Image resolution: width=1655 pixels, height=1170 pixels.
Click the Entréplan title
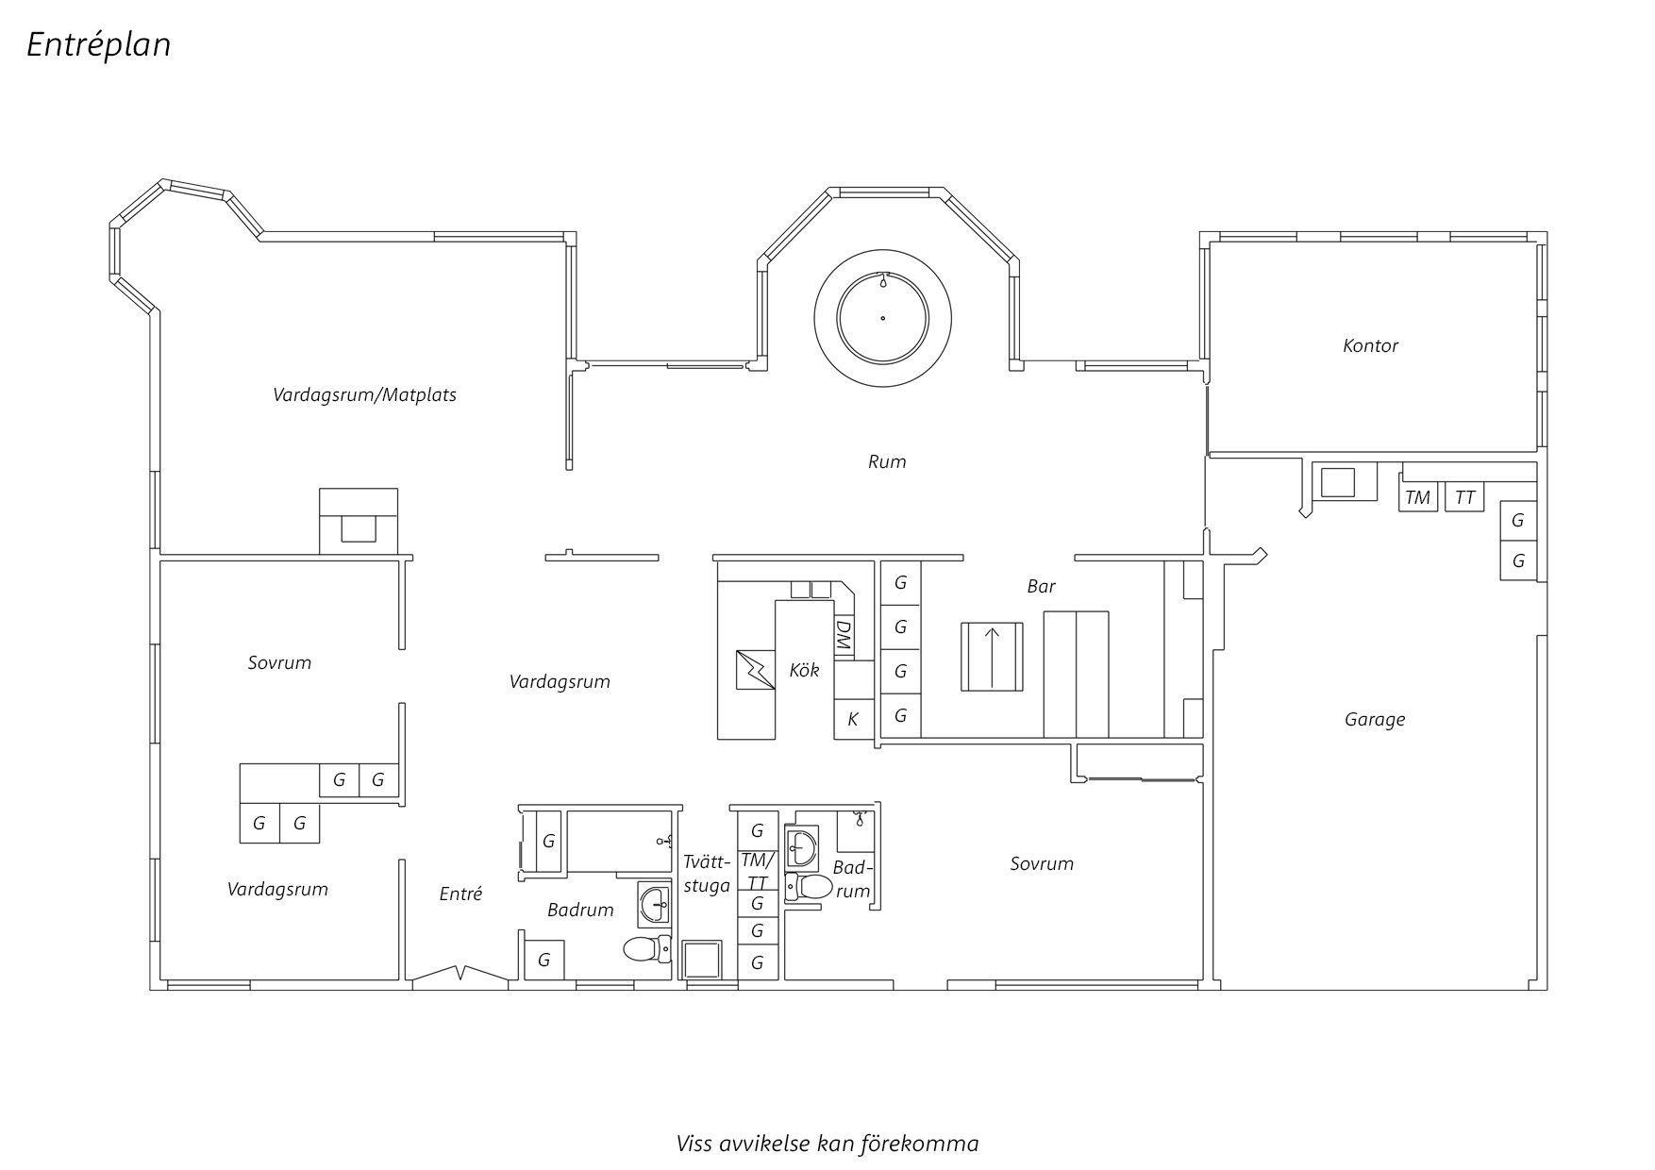tap(98, 45)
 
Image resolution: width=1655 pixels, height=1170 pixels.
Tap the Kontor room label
tap(1370, 345)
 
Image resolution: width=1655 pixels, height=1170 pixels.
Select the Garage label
tap(1375, 720)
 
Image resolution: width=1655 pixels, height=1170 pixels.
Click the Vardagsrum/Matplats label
tap(364, 394)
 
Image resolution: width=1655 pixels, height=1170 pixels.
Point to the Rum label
tap(887, 461)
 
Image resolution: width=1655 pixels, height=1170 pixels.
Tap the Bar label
tap(1041, 586)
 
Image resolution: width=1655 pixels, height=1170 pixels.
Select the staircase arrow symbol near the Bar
tap(992, 657)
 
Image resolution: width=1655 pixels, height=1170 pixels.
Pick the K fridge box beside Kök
tap(853, 719)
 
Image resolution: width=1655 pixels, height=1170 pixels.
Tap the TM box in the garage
tap(1417, 497)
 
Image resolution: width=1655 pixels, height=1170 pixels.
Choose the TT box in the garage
tap(1464, 497)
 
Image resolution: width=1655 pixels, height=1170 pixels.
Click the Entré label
tap(460, 894)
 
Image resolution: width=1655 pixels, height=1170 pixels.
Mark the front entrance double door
tap(460, 976)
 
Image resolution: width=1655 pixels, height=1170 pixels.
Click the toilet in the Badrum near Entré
tap(646, 949)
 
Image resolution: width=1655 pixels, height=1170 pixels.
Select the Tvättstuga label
tap(707, 874)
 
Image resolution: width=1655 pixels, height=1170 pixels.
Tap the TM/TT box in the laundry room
tap(757, 871)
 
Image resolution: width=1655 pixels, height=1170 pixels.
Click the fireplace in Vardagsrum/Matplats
tap(359, 521)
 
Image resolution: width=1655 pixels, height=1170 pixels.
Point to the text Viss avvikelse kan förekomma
tap(827, 1144)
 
